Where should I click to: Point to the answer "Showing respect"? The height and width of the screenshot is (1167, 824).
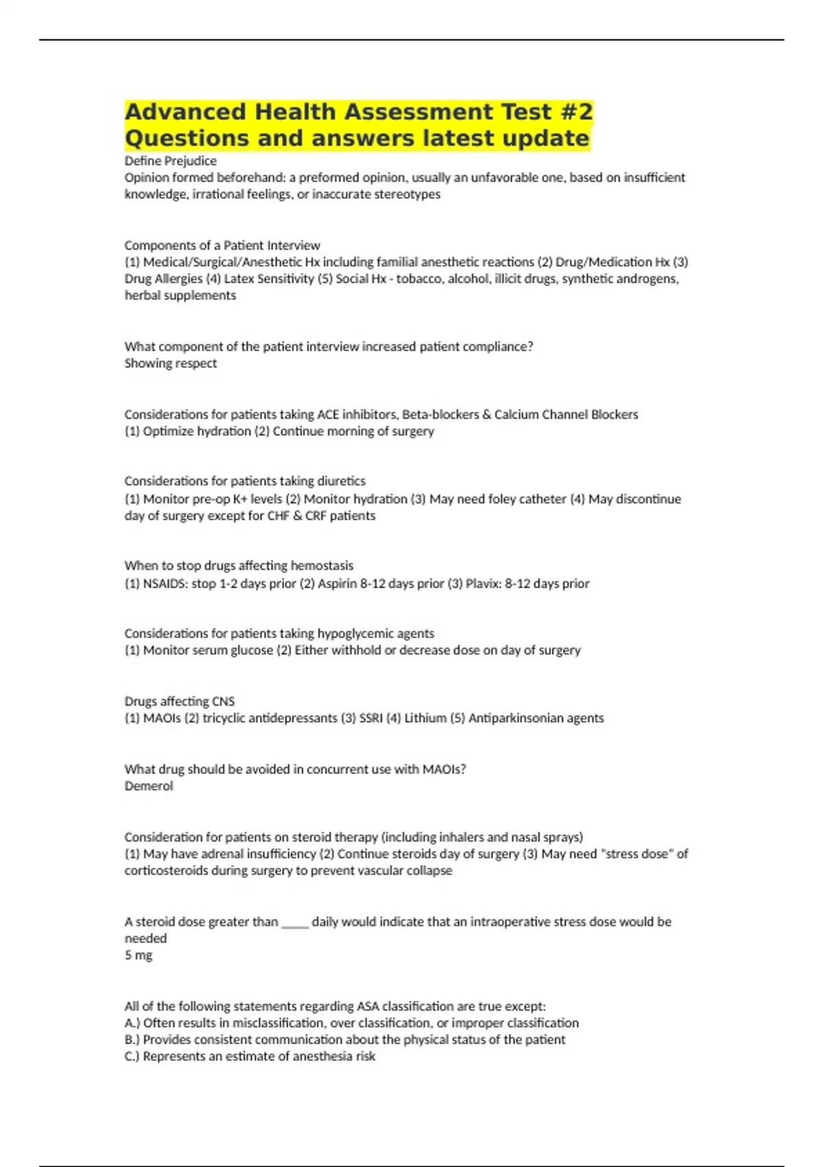[170, 363]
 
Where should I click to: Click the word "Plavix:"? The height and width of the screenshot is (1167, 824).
[483, 583]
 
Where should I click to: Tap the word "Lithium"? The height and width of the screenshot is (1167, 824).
[425, 718]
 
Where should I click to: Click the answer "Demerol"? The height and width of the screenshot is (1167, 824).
[148, 786]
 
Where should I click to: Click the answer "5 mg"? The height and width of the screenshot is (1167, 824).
[138, 956]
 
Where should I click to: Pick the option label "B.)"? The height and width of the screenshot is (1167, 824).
[133, 1040]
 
